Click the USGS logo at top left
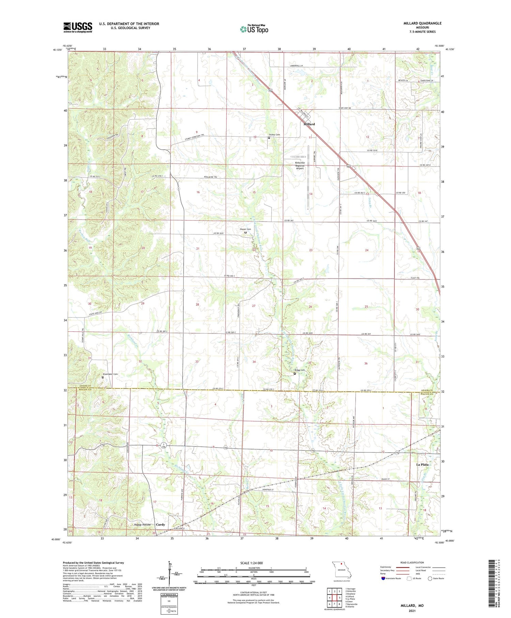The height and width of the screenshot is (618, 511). click(78, 27)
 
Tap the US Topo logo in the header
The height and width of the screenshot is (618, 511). click(254, 29)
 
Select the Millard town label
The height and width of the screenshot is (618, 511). click(309, 124)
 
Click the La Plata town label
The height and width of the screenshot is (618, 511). click(422, 464)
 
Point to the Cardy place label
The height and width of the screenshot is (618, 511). click(160, 525)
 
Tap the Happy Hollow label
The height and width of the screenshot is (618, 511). click(142, 525)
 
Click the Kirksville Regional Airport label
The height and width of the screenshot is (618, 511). click(299, 166)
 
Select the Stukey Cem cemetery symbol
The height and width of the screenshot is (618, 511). click(268, 138)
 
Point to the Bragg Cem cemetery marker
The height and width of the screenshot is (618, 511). click(295, 373)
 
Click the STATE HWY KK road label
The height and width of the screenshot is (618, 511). click(344, 108)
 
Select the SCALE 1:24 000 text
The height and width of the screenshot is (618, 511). click(251, 563)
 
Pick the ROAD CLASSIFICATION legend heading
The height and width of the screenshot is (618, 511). click(412, 562)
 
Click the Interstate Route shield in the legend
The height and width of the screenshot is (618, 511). click(383, 578)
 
